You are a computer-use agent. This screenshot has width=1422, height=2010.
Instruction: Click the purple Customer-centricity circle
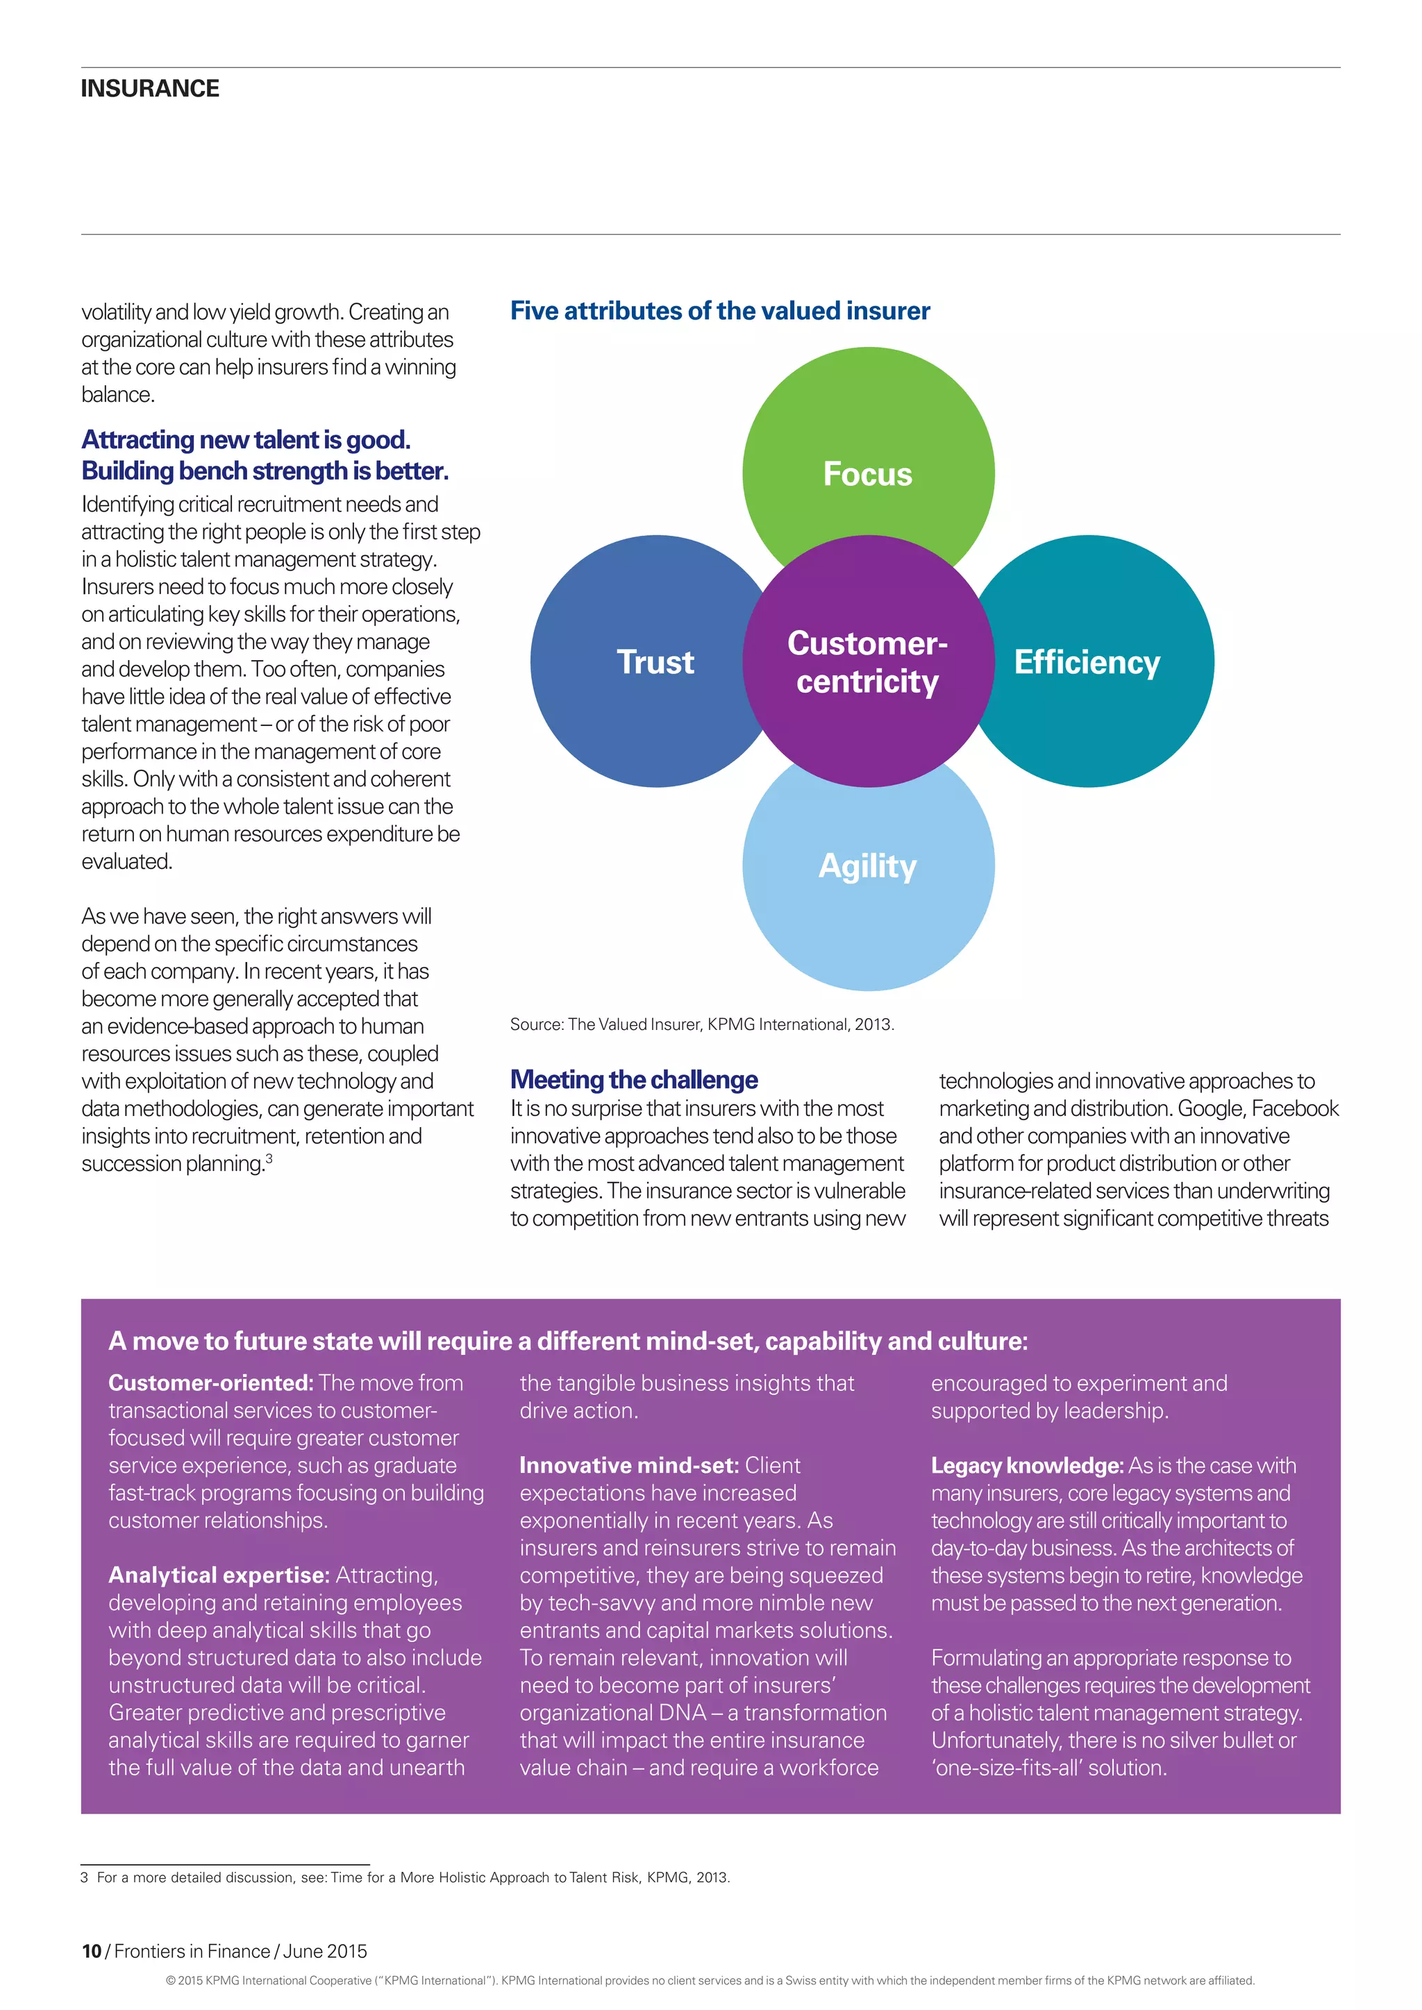pyautogui.click(x=868, y=662)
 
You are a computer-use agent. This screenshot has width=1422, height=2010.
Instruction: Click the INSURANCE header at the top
pyautogui.click(x=150, y=88)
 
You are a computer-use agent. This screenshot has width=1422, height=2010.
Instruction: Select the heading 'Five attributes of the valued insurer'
pyautogui.click(x=720, y=311)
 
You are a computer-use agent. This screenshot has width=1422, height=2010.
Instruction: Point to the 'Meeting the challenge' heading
pyautogui.click(x=634, y=1079)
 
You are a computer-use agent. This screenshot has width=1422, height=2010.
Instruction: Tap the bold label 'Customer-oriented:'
pyautogui.click(x=210, y=1383)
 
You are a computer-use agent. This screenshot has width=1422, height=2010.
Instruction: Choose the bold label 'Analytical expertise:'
pyautogui.click(x=219, y=1575)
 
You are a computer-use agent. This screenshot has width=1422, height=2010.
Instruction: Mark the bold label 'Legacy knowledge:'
pyautogui.click(x=1026, y=1465)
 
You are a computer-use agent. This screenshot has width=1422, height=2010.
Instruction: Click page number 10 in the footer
pyautogui.click(x=91, y=1951)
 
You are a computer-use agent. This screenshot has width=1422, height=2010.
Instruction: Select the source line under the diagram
pyautogui.click(x=701, y=1024)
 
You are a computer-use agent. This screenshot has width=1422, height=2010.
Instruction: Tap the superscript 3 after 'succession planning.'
pyautogui.click(x=269, y=1159)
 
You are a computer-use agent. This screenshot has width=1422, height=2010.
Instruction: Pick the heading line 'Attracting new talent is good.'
pyautogui.click(x=246, y=439)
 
